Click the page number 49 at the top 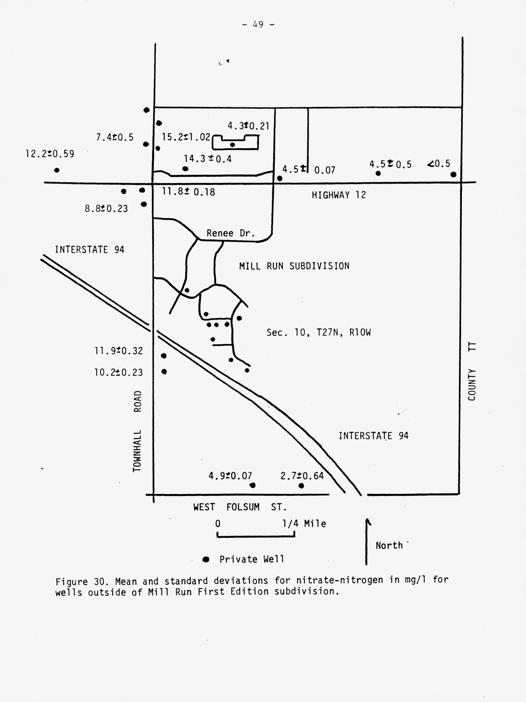tap(258, 24)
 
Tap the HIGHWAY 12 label tap(338, 195)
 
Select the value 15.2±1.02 tap(186, 137)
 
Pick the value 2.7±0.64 tap(302, 476)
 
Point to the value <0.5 tap(439, 164)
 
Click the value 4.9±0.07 tap(230, 476)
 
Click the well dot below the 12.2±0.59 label tap(57, 170)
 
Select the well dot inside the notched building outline tap(232, 145)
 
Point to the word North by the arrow tap(389, 546)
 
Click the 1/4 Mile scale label tap(304, 524)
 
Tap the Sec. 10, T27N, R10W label tap(318, 332)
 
